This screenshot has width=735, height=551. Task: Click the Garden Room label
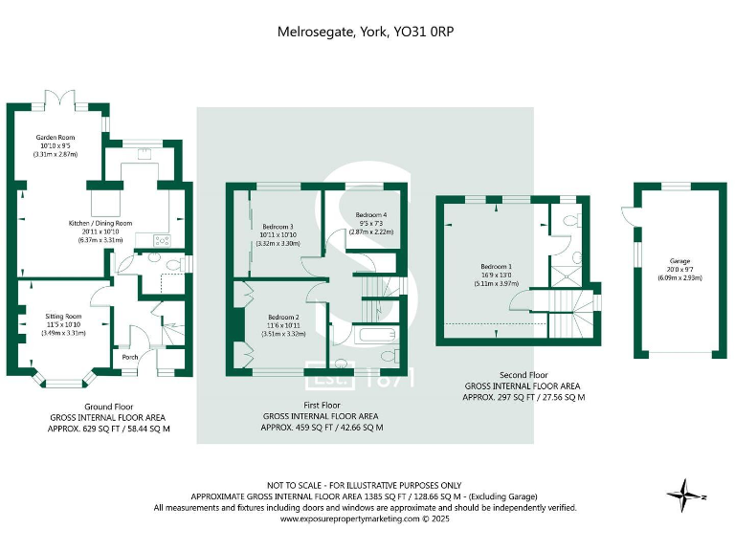click(x=55, y=138)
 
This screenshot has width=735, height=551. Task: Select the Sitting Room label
click(x=63, y=316)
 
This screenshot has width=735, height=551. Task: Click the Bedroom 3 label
click(x=277, y=227)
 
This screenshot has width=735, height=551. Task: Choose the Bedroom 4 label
click(x=371, y=215)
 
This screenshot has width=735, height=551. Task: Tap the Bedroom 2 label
click(x=283, y=317)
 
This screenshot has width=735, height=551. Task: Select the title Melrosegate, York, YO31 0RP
click(x=366, y=32)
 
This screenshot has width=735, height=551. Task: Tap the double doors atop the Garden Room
click(x=63, y=98)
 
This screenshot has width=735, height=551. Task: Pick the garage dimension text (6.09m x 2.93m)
click(x=679, y=277)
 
